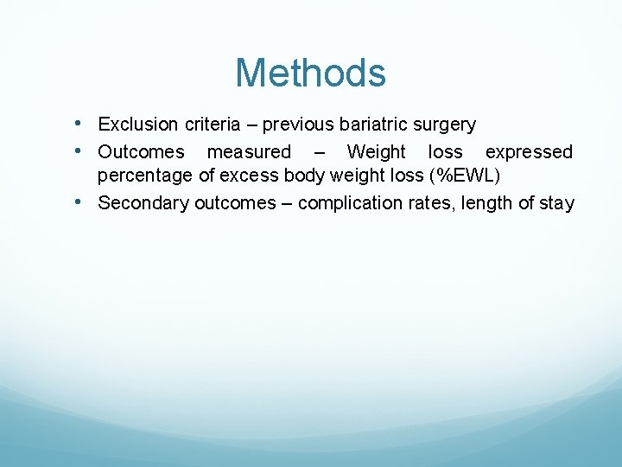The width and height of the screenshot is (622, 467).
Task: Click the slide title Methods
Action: (310, 73)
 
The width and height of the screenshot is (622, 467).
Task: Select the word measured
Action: (249, 152)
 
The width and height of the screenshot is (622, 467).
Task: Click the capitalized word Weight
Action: (376, 152)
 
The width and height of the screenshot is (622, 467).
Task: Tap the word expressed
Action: (529, 152)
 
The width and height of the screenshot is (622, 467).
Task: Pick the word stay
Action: (556, 203)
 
